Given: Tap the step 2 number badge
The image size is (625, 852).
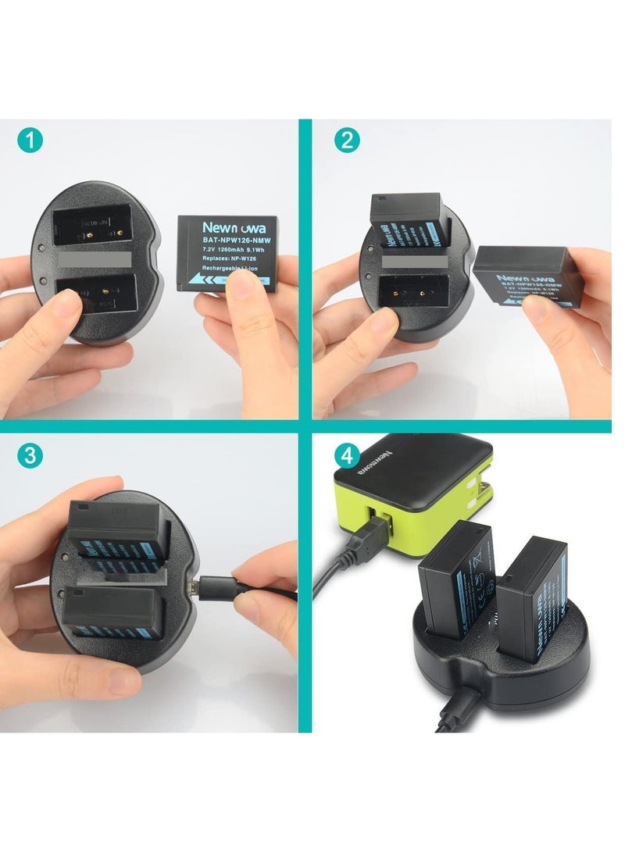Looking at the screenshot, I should coord(345,141).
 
